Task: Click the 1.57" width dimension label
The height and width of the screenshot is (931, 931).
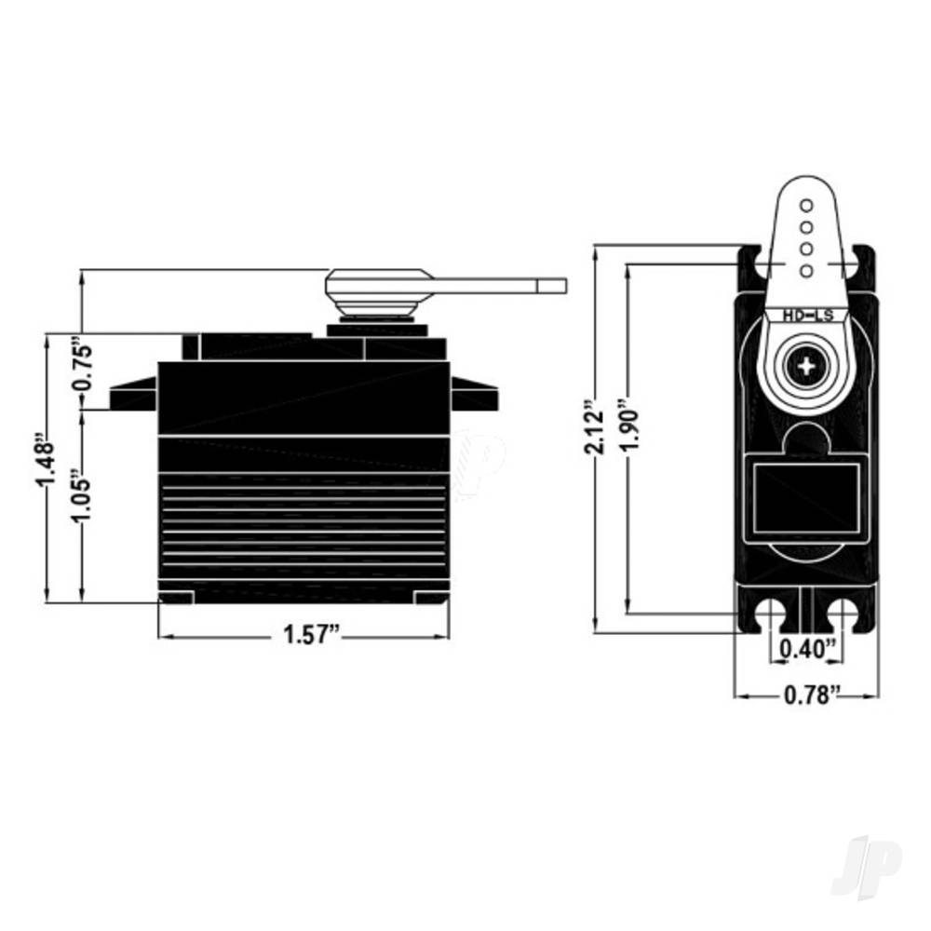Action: click(x=312, y=635)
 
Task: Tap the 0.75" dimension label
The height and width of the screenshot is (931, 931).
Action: click(x=83, y=363)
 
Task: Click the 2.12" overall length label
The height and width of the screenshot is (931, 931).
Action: click(x=594, y=426)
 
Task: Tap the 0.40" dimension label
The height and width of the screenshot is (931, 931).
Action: click(x=806, y=648)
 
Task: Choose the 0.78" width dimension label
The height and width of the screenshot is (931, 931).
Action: click(x=812, y=695)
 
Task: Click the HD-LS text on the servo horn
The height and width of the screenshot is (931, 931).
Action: click(x=808, y=316)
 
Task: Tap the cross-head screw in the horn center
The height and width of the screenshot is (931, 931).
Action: click(x=807, y=366)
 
